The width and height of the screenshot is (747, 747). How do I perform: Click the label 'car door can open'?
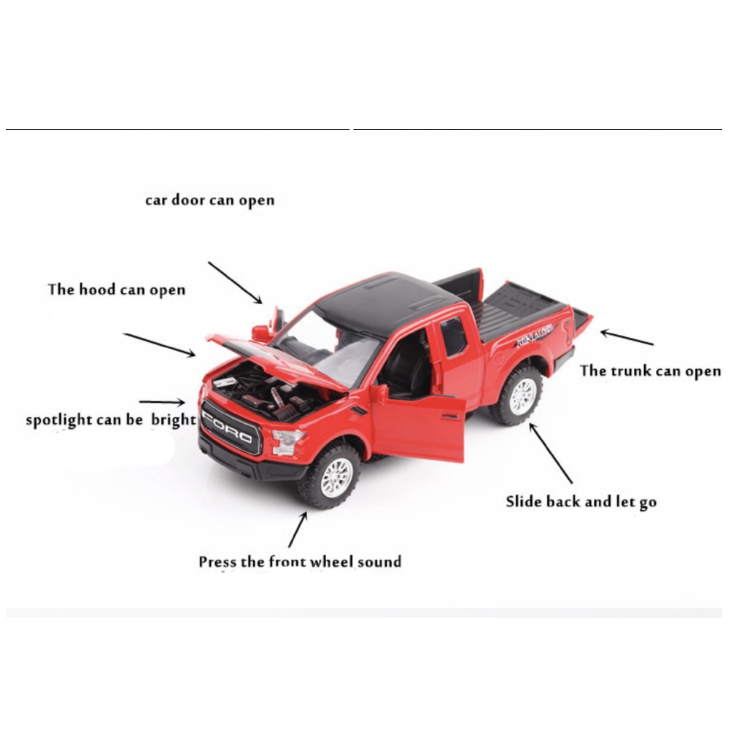(x=209, y=200)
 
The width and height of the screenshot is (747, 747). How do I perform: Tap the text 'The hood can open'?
(x=116, y=290)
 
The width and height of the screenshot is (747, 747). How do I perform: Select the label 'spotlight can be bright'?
(x=111, y=419)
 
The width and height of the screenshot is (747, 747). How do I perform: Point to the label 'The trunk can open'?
(x=650, y=371)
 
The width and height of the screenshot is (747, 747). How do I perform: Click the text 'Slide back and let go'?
(x=581, y=502)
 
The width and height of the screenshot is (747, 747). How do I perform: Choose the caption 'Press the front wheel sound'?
(x=300, y=562)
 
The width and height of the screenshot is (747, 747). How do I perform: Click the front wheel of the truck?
(x=330, y=476)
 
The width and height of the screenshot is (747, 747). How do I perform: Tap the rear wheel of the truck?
(x=517, y=395)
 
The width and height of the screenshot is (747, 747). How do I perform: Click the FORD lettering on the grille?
(x=228, y=427)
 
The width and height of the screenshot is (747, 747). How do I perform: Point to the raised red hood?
(x=281, y=359)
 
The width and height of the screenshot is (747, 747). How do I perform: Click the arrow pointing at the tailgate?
(x=627, y=337)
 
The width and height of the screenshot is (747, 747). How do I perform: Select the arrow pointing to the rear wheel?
(x=551, y=454)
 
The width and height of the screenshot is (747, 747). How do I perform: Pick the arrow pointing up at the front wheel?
(x=298, y=530)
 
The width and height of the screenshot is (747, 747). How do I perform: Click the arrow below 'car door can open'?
(x=235, y=282)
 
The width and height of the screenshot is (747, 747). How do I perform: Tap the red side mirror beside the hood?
(x=261, y=332)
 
